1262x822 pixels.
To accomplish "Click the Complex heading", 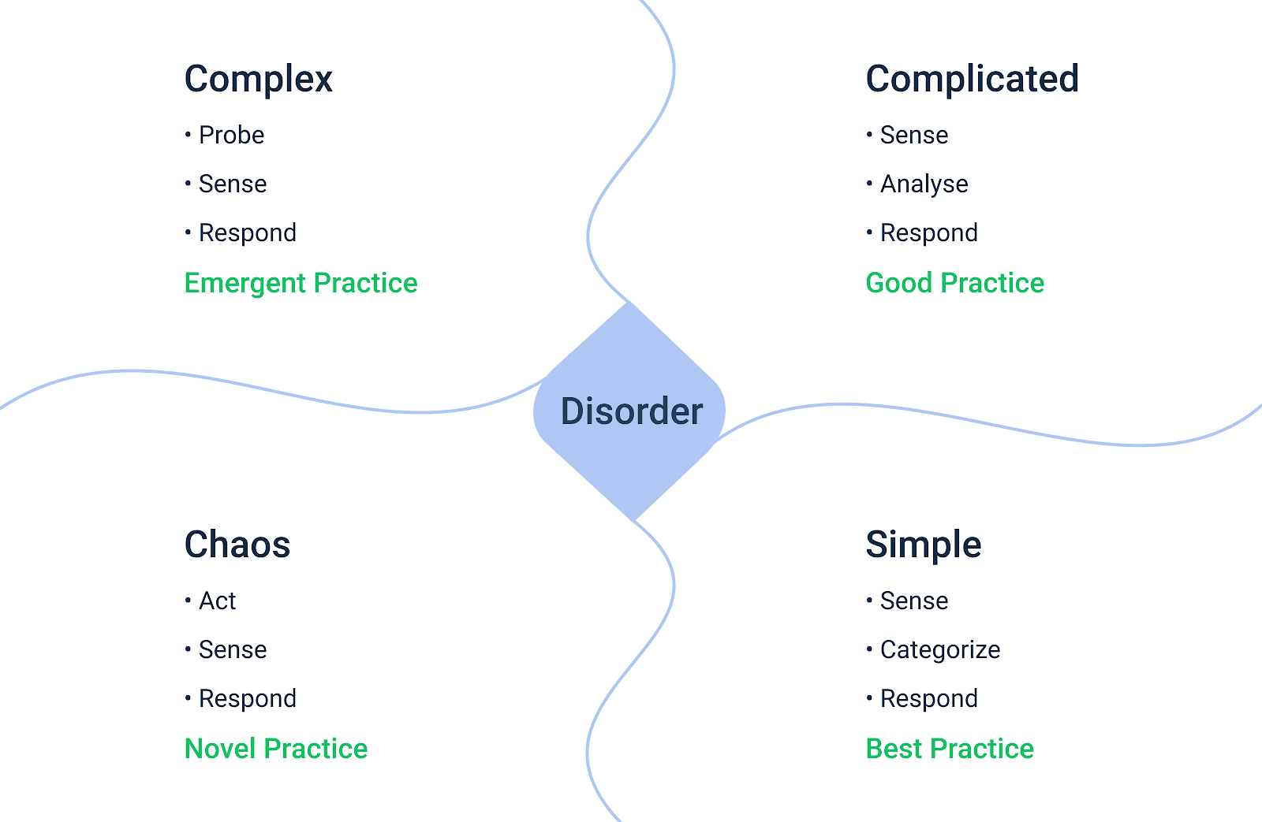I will point(259,80).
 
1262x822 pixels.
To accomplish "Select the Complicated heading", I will point(972,80).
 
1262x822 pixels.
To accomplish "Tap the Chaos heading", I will point(237,545).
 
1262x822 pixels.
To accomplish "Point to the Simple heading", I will point(923,545).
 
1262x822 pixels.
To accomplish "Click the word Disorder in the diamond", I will point(631,411).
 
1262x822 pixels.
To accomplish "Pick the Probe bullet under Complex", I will point(231,136).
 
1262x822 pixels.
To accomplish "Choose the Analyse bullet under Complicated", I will point(924,184).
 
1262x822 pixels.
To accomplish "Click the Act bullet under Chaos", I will point(217,601).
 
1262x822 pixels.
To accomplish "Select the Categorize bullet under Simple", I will point(939,650).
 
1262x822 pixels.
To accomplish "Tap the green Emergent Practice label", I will point(301,283).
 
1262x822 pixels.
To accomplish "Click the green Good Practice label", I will point(954,283).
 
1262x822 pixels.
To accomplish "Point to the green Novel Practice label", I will point(276,749).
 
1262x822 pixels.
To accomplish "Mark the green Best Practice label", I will point(950,749).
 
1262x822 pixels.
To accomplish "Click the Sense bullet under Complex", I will point(233,184).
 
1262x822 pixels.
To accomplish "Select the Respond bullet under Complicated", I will point(928,233).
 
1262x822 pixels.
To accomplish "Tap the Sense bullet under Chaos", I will point(233,650).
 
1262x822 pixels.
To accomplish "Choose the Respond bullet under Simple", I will point(928,699).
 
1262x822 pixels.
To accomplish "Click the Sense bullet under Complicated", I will point(913,136).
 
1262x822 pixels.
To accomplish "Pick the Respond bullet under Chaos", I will point(247,699).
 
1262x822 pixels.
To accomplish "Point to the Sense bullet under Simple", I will point(913,601).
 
